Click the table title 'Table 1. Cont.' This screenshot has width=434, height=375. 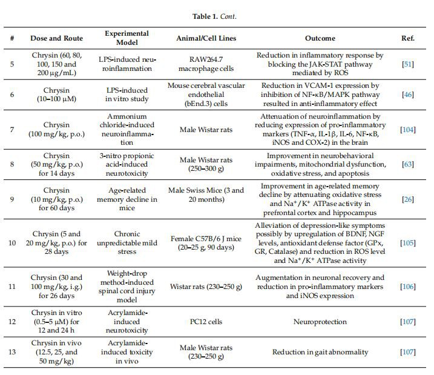pyautogui.click(x=217, y=16)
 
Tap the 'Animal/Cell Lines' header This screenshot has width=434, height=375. pyautogui.click(x=206, y=38)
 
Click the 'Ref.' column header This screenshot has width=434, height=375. pyautogui.click(x=407, y=38)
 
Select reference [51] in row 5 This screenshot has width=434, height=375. pyautogui.click(x=407, y=64)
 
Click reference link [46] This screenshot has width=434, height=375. pyautogui.click(x=407, y=95)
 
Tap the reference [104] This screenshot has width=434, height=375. pyautogui.click(x=407, y=130)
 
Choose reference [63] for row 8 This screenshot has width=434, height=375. pyautogui.click(x=407, y=164)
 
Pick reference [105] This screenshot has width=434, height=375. pyautogui.click(x=407, y=243)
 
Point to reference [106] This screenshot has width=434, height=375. pyautogui.click(x=407, y=286)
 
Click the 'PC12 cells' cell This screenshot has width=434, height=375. pyautogui.click(x=206, y=320)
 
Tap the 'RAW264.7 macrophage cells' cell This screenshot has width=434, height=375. pyautogui.click(x=206, y=64)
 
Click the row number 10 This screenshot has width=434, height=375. pyautogui.click(x=13, y=243)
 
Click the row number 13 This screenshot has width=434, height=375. pyautogui.click(x=13, y=351)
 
